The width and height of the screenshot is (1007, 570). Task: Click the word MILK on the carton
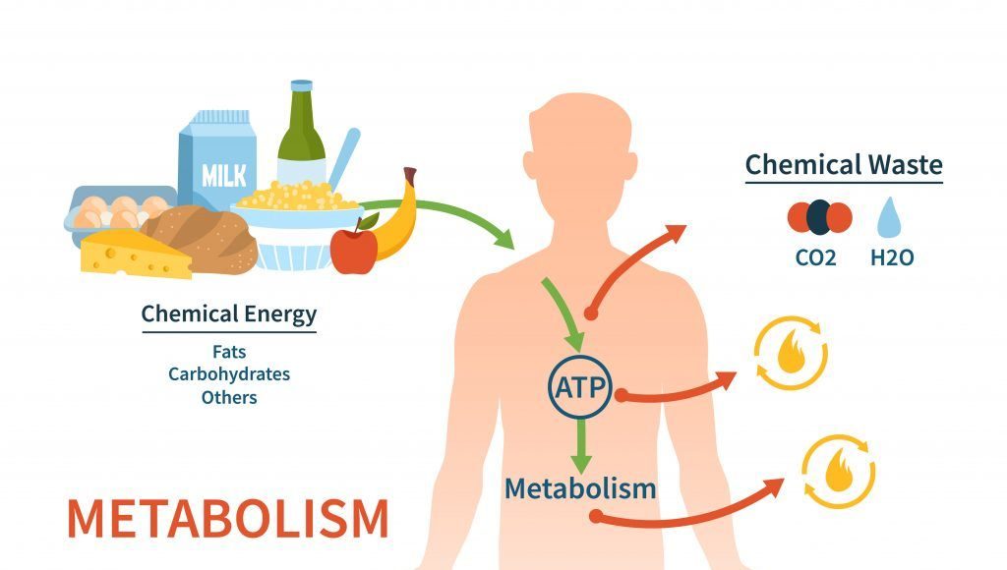[225, 176]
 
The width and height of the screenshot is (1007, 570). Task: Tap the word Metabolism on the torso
[579, 486]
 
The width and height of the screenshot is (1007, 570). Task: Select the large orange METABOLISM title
[227, 518]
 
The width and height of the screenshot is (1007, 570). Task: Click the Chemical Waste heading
[843, 164]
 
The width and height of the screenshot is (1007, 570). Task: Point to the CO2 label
[816, 260]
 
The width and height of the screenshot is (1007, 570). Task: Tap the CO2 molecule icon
[817, 217]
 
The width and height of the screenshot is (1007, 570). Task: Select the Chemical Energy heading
[228, 314]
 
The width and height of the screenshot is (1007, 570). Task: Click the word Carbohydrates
[228, 373]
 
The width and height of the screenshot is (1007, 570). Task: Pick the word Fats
[228, 350]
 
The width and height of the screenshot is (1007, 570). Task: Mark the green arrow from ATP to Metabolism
[582, 442]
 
